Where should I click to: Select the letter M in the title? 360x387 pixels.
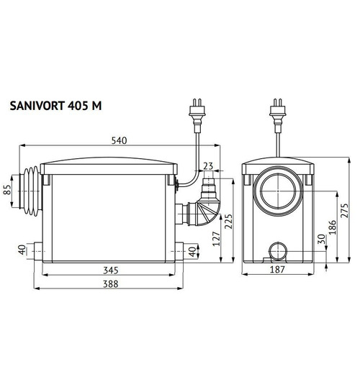pos(97,106)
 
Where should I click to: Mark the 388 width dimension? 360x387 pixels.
pos(109,284)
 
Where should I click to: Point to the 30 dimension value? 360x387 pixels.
pos(322,243)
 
